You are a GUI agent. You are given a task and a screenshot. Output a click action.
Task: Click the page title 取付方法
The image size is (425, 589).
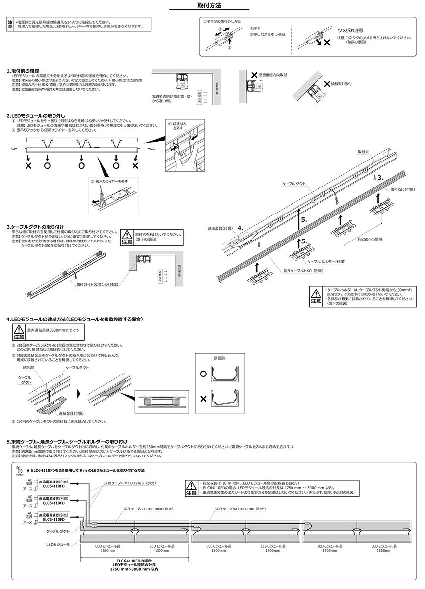pos(212,7)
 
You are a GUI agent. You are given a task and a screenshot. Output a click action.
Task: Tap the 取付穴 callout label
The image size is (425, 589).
pos(363,153)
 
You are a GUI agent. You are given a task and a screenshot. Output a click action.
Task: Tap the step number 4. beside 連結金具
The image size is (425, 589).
pos(240,228)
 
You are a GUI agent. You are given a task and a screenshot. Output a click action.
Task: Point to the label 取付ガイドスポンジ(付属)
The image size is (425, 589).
pos(98,284)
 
